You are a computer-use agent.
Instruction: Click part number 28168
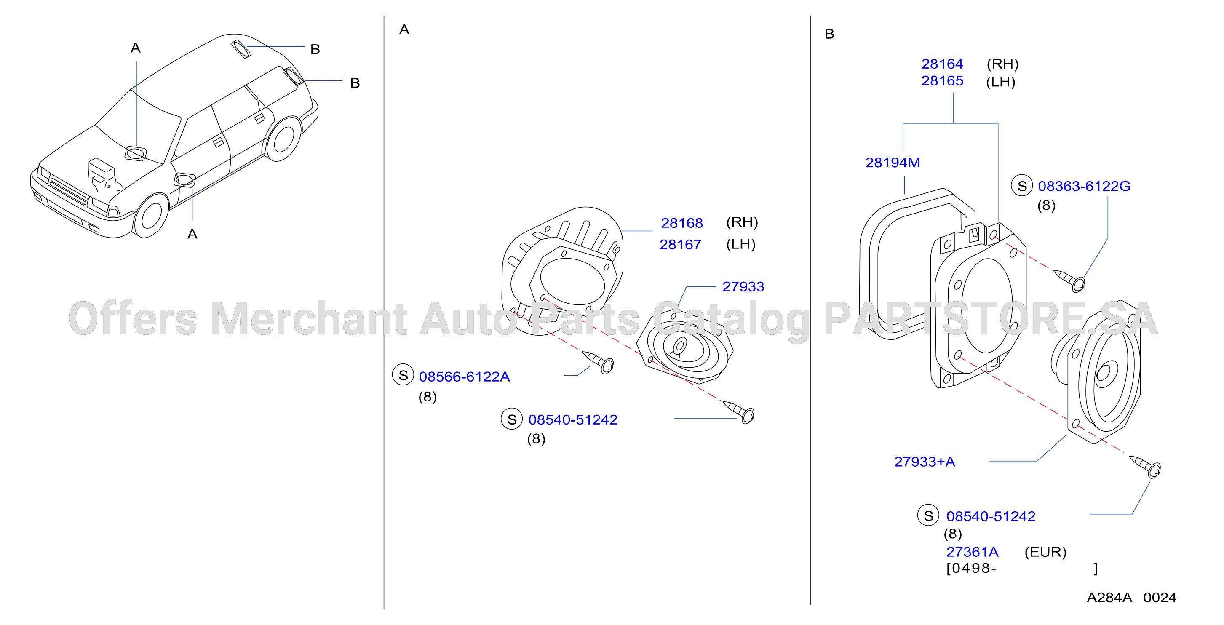coord(682,223)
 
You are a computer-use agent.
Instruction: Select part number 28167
coord(680,245)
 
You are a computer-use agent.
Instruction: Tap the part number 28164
coord(942,64)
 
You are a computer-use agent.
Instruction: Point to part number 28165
coord(942,81)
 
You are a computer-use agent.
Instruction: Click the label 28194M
coord(893,163)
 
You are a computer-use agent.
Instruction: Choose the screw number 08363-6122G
coord(1084,186)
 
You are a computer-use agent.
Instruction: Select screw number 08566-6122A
coord(464,377)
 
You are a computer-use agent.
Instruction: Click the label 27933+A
coord(925,462)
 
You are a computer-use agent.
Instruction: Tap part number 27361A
coord(972,552)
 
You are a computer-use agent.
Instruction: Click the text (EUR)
coord(1045,552)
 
